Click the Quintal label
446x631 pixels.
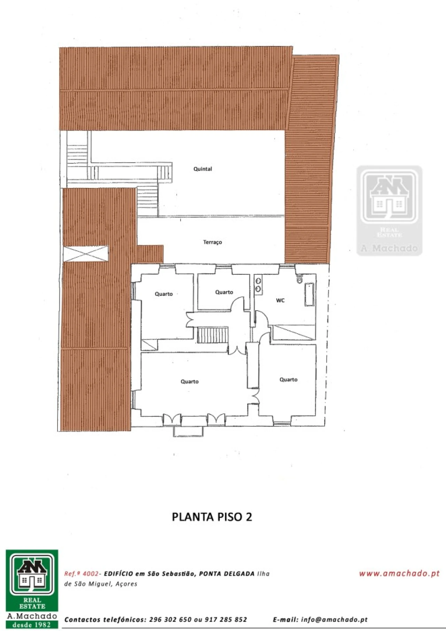pos(202,169)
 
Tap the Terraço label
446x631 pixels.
pos(213,242)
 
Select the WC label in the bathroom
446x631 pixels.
pos(280,300)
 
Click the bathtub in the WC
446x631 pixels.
pos(309,295)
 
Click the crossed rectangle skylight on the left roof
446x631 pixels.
pos(86,254)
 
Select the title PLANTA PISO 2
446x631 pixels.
pos(212,517)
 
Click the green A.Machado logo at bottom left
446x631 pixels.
pos(32,589)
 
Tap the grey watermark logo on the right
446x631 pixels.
pos(389,211)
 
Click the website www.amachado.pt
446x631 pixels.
pos(399,574)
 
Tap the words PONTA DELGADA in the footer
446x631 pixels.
pos(226,574)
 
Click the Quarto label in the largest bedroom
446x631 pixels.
pos(190,382)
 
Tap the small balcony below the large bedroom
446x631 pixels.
pos(188,431)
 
